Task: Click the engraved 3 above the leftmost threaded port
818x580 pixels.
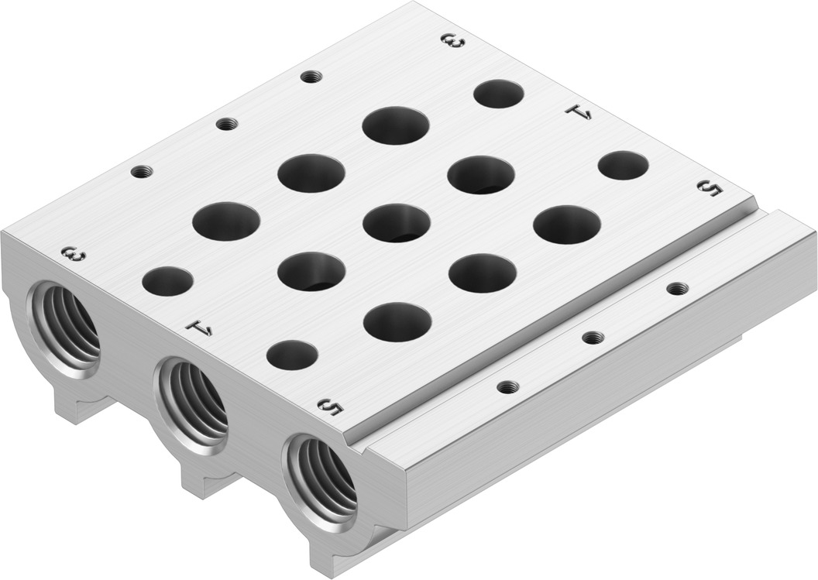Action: (x=74, y=255)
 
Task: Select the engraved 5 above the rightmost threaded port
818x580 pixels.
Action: (x=331, y=407)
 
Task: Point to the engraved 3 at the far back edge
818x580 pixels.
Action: (x=452, y=41)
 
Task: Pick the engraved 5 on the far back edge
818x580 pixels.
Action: (x=710, y=188)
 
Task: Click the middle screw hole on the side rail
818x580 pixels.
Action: (x=591, y=338)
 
